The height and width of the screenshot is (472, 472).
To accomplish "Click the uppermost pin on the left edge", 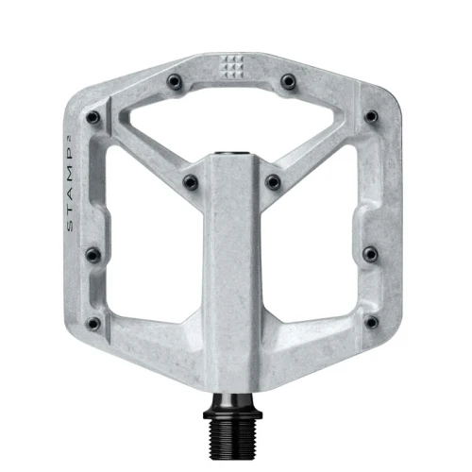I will click(93, 118).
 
